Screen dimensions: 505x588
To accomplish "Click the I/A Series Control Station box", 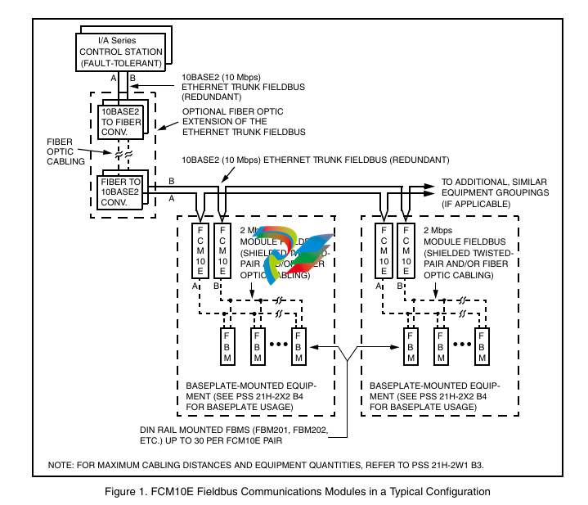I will point(119,51).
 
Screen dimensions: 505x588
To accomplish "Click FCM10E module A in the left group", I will point(200,250).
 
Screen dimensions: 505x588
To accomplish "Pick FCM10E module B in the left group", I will point(221,250).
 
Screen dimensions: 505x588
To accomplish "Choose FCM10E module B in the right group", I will point(404,250).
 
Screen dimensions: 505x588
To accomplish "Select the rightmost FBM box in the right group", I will point(483,347).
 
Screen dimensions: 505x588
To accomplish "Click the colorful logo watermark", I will point(298,250).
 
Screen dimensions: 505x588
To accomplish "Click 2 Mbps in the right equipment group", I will point(438,232).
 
